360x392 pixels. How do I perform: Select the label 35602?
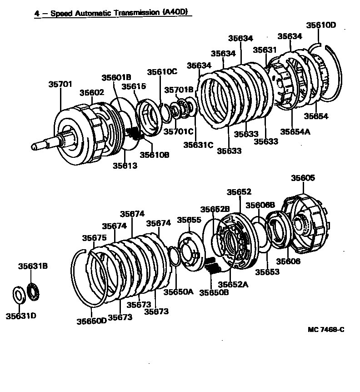(92, 92)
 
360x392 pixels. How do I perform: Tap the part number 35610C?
(162, 72)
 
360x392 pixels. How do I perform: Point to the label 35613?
(125, 166)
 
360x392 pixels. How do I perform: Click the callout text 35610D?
(321, 25)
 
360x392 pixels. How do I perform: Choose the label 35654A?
(295, 131)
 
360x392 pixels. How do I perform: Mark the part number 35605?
(303, 178)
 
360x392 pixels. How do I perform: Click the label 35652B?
(216, 209)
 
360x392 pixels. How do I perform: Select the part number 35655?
(189, 220)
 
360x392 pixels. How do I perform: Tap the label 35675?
(95, 237)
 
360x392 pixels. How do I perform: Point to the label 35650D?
(91, 321)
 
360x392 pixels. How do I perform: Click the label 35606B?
(260, 205)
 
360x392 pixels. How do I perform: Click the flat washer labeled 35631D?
(18, 295)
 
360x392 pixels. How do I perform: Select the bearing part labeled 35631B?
(34, 291)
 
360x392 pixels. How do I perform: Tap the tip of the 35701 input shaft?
(35, 146)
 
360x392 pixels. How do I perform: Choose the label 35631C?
(198, 145)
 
